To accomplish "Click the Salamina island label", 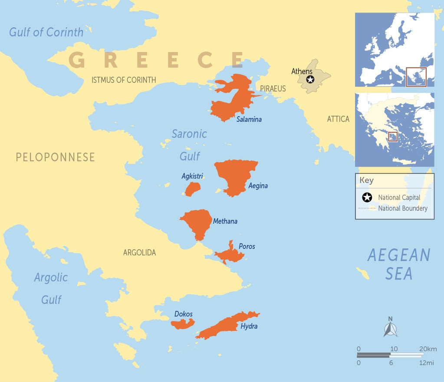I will click(249, 119).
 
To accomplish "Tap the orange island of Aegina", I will click(234, 176).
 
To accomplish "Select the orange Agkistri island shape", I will click(192, 189).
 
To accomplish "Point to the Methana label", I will click(225, 222).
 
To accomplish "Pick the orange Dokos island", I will click(182, 324).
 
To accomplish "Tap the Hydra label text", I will click(249, 326).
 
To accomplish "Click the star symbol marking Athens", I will click(310, 79).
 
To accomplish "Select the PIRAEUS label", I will click(273, 89).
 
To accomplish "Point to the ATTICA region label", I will click(338, 119).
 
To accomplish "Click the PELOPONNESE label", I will click(55, 157).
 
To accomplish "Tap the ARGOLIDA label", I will click(139, 252).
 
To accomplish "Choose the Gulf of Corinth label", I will click(46, 33).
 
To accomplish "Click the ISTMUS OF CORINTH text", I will click(124, 80).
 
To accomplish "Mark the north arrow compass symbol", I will click(390, 327).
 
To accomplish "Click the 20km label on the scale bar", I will click(428, 349).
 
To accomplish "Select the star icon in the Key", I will click(367, 198).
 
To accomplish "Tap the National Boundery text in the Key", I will click(403, 209).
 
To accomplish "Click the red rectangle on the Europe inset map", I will click(416, 77).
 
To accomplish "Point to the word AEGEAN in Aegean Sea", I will click(398, 255).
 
